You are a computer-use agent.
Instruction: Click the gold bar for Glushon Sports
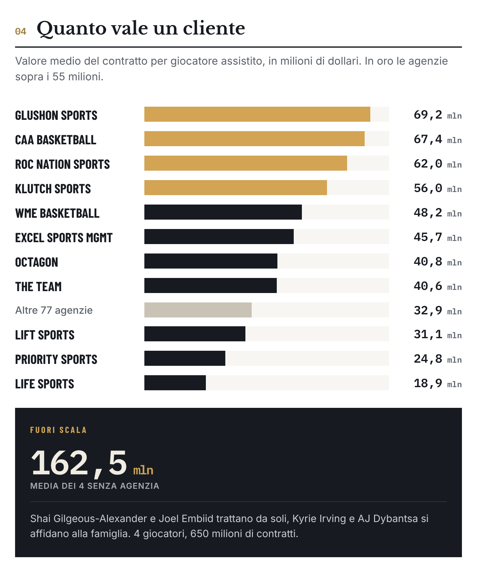[257, 114]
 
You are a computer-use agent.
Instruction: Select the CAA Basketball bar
[255, 139]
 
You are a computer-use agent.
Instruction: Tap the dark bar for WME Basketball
[223, 212]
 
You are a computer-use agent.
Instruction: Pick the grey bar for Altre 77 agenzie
[198, 310]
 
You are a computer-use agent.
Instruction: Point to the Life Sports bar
[175, 383]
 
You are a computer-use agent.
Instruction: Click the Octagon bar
[211, 261]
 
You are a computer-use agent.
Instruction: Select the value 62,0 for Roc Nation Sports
[428, 164]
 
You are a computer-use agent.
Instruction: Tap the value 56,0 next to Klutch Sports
[428, 188]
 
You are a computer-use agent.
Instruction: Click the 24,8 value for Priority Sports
[428, 359]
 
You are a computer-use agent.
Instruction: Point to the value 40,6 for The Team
[428, 286]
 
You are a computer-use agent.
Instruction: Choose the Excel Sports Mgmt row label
[64, 238]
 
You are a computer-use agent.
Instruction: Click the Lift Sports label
[45, 335]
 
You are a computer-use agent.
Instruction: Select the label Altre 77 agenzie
[54, 310]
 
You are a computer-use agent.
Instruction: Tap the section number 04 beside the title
[21, 31]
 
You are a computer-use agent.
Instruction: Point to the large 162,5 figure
[79, 463]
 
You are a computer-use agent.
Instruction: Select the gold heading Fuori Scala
[58, 430]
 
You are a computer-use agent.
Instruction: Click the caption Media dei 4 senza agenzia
[95, 486]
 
